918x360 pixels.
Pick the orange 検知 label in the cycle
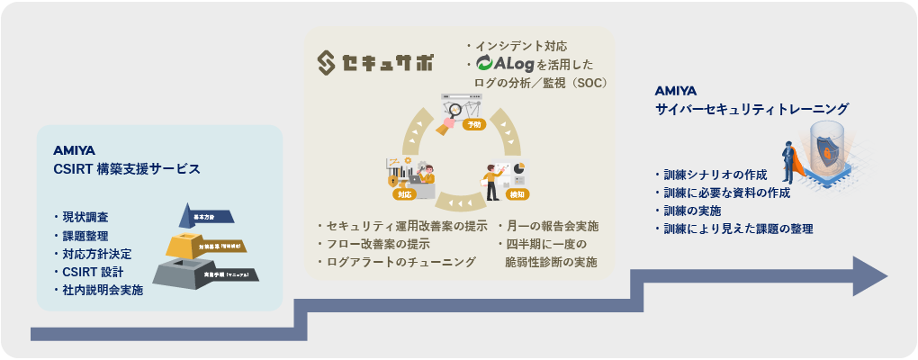pyautogui.click(x=517, y=193)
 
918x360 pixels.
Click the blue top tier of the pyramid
pyautogui.click(x=209, y=216)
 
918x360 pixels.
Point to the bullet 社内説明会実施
pyautogui.click(x=103, y=290)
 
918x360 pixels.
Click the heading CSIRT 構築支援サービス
pyautogui.click(x=127, y=168)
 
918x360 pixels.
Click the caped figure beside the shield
pyautogui.click(x=789, y=162)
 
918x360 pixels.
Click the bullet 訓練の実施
pyautogui.click(x=693, y=211)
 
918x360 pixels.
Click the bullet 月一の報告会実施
pyautogui.click(x=552, y=225)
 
